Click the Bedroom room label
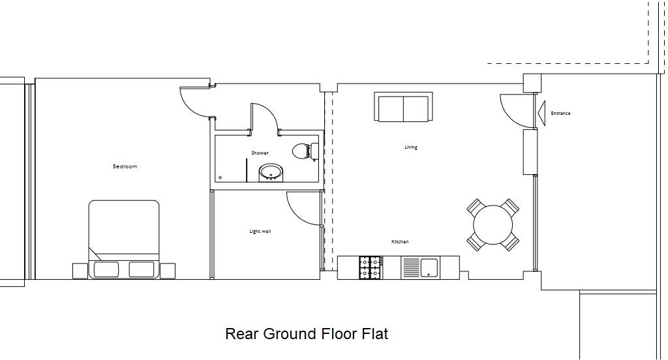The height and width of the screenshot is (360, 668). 125,167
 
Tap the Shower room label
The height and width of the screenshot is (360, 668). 260,153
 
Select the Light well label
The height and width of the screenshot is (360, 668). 260,232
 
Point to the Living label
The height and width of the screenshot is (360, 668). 411,147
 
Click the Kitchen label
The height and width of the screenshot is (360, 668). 400,242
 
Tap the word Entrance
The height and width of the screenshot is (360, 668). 560,113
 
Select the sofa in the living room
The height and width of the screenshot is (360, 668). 403,107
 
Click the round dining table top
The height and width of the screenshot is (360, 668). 493,226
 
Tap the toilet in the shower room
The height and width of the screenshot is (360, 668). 303,151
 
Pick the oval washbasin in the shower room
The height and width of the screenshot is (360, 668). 271,173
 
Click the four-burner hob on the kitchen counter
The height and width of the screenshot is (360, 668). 370,268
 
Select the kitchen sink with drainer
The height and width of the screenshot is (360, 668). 421,267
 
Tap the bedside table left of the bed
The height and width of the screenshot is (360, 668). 80,269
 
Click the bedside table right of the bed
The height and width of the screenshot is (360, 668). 168,269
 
